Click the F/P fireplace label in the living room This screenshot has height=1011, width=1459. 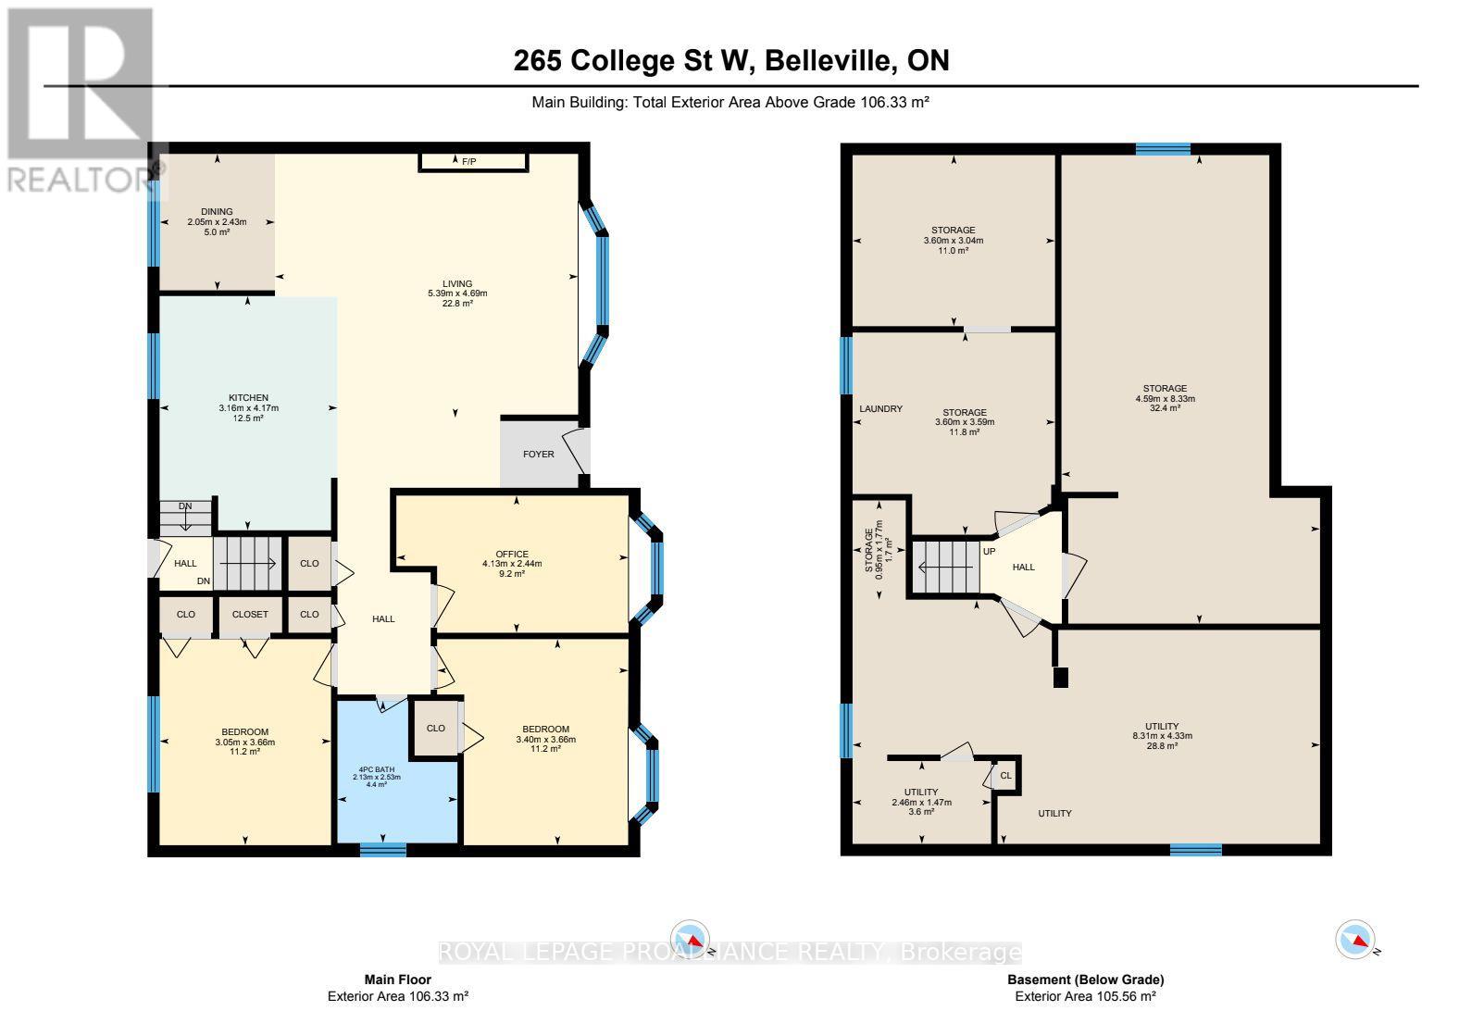[x=469, y=162]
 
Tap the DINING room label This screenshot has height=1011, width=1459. [x=217, y=211]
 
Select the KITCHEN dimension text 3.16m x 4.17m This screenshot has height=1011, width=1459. [x=248, y=408]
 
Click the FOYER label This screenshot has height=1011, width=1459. [x=539, y=454]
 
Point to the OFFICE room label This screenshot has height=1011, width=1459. [x=511, y=554]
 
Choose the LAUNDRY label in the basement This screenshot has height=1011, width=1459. [x=880, y=408]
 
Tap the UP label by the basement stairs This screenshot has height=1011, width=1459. [x=989, y=551]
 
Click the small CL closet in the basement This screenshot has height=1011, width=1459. [x=1006, y=776]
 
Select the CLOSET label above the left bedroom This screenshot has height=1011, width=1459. [x=250, y=614]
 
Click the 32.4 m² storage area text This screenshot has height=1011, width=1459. [x=1165, y=408]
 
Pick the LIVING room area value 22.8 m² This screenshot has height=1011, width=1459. [x=457, y=303]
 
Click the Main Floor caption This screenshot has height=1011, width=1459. [x=397, y=980]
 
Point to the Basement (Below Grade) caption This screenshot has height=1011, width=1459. [x=1085, y=980]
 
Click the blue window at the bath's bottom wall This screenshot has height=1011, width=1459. [x=382, y=849]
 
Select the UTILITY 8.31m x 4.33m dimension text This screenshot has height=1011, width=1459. [x=1162, y=736]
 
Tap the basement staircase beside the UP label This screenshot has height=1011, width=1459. [x=945, y=567]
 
